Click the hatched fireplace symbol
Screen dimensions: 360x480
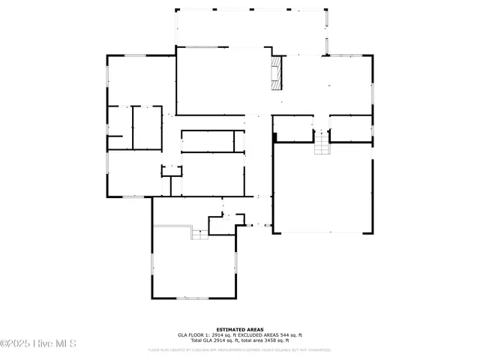pos(277,72)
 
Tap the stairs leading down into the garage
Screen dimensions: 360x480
pos(322,142)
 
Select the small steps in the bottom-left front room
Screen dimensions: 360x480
pos(199,235)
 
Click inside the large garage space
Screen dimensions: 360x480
pos(322,187)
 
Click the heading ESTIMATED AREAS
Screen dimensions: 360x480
pos(239,329)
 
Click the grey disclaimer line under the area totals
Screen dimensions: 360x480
pos(239,349)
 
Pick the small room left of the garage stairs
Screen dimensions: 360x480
pos(293,127)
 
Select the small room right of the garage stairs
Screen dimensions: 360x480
pos(351,127)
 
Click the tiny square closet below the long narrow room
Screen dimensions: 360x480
pos(172,170)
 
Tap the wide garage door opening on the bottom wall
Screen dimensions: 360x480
pos(322,232)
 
